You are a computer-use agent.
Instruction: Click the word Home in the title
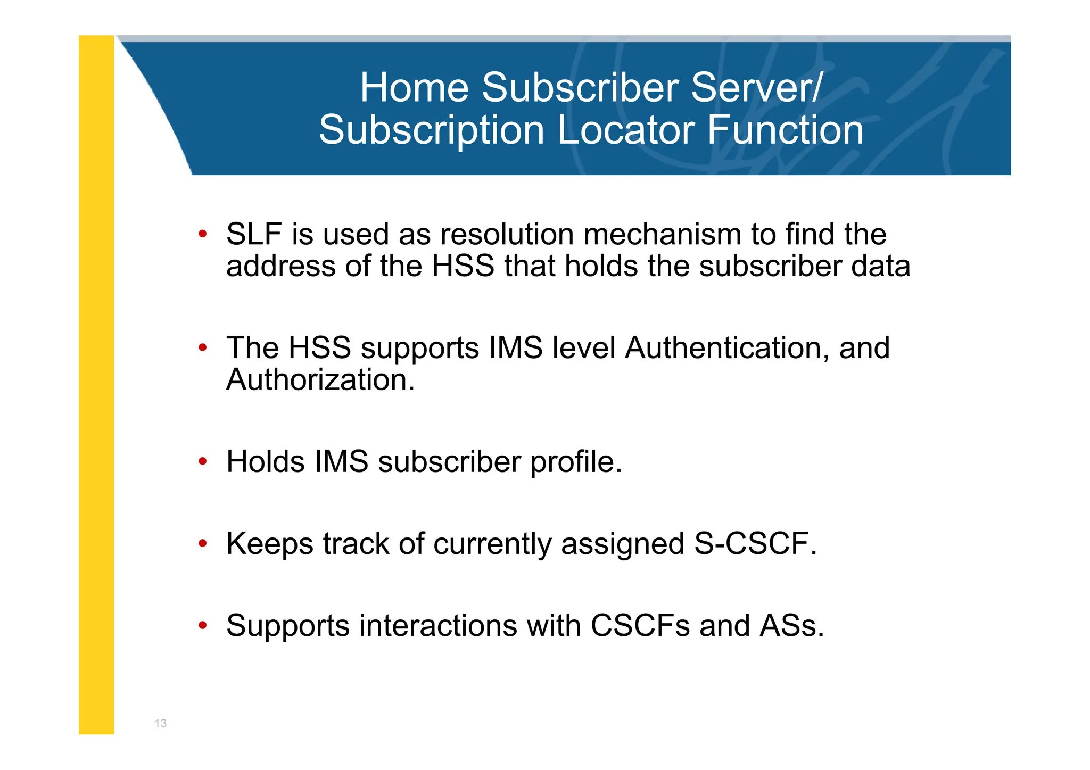tap(414, 88)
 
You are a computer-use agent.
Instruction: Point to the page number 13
tap(160, 723)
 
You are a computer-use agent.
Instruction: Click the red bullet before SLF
tap(202, 234)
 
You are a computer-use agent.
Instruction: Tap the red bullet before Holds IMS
tap(202, 461)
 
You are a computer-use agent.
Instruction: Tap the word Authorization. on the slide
tap(320, 380)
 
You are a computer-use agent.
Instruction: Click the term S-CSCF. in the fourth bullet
tap(755, 544)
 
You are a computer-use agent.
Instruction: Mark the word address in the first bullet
tap(281, 266)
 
